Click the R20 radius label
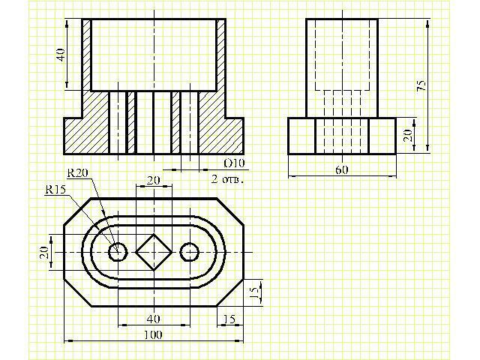[x=77, y=173]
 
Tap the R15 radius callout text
[x=55, y=190]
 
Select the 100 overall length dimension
[x=153, y=335]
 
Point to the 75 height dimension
[x=421, y=85]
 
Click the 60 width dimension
[x=342, y=169]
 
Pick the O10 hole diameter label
[x=235, y=163]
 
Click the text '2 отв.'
[x=228, y=179]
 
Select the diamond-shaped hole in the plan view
[x=154, y=252]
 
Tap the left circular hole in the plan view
[x=118, y=252]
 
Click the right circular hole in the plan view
[x=190, y=252]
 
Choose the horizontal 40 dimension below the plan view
[x=153, y=319]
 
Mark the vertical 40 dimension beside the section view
[x=61, y=55]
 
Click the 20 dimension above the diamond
[x=153, y=180]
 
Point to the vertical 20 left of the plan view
[x=44, y=253]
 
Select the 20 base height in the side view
[x=407, y=135]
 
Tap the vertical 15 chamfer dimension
[x=254, y=292]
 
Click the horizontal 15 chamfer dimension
[x=229, y=319]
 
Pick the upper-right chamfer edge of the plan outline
[x=230, y=212]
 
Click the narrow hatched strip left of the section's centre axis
[x=131, y=122]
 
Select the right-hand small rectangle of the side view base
[x=382, y=136]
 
